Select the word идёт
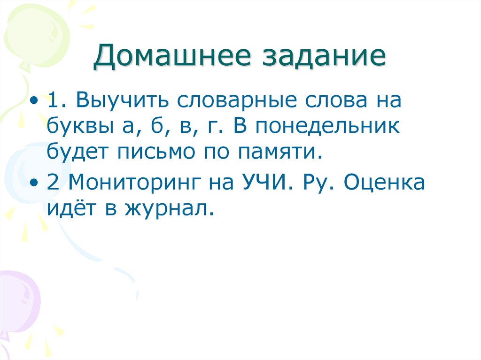click(x=70, y=207)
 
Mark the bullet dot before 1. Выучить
click(x=37, y=101)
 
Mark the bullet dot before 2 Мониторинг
click(x=37, y=183)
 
